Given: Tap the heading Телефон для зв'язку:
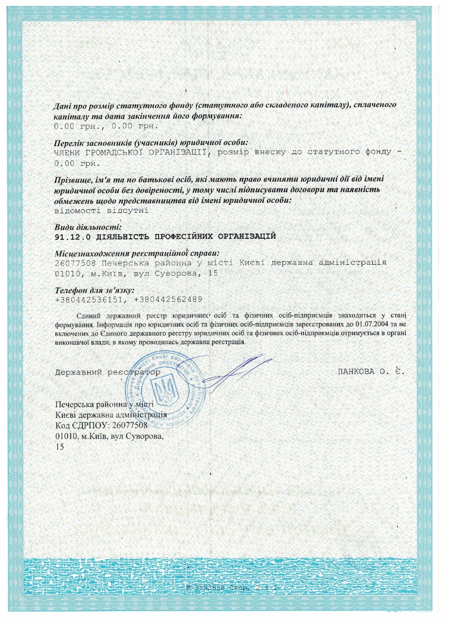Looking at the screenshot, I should [x=95, y=290].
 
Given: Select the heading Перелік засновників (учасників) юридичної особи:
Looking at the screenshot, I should [x=151, y=143].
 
